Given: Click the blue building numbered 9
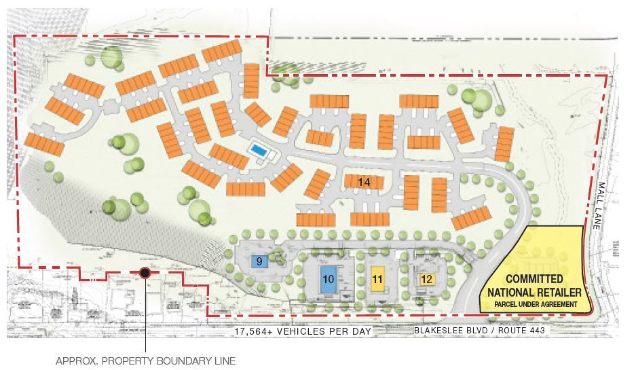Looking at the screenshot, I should tap(259, 261).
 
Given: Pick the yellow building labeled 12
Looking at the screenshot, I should tap(426, 278).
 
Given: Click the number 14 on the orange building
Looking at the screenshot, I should tap(364, 182).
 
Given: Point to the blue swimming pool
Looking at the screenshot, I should tap(259, 149).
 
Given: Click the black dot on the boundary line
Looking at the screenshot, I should tap(145, 273).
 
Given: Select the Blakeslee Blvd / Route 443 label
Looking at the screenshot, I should tap(480, 331).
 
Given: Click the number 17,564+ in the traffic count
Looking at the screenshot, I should tap(255, 331).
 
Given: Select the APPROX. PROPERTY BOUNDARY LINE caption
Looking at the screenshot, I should tap(145, 361).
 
